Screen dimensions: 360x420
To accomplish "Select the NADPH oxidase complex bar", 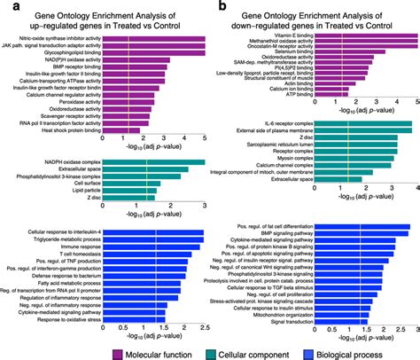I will (x=155, y=162).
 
